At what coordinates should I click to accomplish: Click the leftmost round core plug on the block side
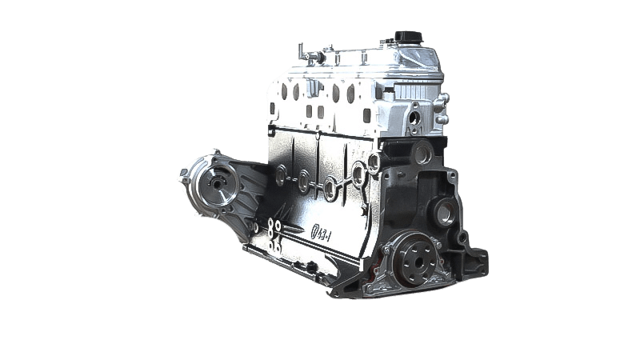tap(281, 171)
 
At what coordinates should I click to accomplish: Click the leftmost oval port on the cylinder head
tap(283, 91)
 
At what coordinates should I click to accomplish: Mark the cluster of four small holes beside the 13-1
tap(274, 237)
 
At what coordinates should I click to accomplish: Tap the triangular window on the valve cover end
tap(422, 58)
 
